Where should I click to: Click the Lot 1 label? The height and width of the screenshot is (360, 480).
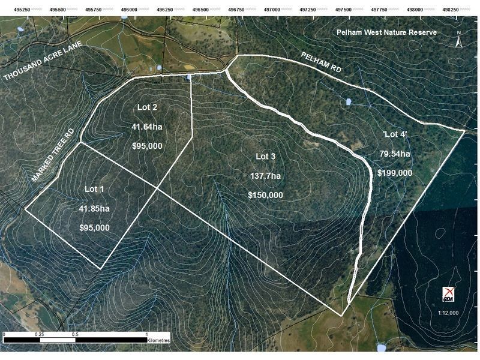tap(94, 189)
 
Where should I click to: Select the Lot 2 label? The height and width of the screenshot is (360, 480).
tap(147, 108)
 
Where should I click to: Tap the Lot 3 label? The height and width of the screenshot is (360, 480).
tap(265, 157)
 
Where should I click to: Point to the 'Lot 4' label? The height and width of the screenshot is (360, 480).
tap(395, 134)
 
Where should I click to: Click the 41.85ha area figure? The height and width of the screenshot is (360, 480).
tap(94, 208)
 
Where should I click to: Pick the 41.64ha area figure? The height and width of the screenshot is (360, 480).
tap(147, 127)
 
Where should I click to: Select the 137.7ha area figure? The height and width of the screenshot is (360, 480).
tap(265, 176)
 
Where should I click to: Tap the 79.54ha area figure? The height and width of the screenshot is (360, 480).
tap(395, 154)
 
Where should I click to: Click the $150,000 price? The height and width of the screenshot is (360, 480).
tap(265, 195)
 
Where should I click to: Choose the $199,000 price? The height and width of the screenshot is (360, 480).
tap(395, 173)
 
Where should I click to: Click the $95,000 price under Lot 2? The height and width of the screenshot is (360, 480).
tap(147, 146)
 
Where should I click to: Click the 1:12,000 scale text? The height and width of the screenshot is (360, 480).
tap(448, 313)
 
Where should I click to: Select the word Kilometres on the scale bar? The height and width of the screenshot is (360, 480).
tap(158, 340)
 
